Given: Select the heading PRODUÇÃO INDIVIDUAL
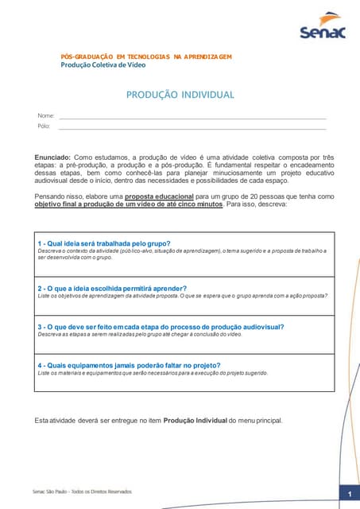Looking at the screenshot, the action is (180, 95).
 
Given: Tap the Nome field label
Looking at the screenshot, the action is (46, 116).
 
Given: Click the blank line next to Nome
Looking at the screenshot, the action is (191, 119).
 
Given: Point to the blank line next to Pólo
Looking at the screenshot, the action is (191, 129).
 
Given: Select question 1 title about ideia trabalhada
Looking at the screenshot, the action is (104, 243).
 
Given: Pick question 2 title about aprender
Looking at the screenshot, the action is (101, 288).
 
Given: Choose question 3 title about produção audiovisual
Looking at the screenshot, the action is (149, 326).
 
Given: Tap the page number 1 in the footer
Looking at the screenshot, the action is (349, 495).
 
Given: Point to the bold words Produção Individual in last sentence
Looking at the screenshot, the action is (195, 420).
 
